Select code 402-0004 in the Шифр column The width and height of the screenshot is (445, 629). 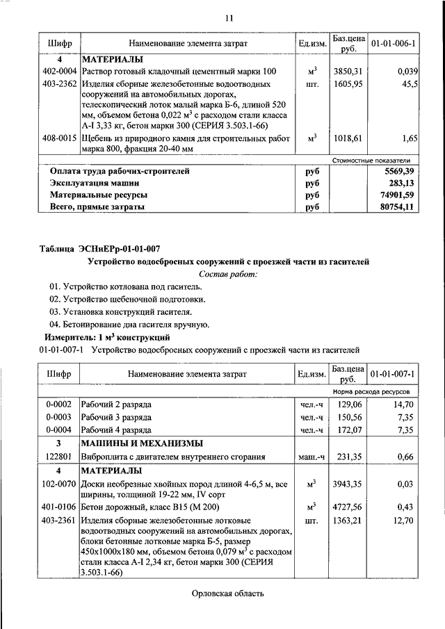(59, 72)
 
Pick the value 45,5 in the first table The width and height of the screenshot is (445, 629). (409, 84)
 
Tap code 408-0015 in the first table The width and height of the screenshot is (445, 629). (59, 139)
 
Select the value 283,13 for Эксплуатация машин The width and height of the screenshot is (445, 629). (403, 183)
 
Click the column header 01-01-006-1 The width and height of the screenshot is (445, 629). (394, 44)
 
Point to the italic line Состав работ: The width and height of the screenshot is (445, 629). (228, 274)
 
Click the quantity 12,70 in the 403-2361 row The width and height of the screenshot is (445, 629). (405, 519)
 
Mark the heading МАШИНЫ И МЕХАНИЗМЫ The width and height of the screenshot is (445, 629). (143, 443)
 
